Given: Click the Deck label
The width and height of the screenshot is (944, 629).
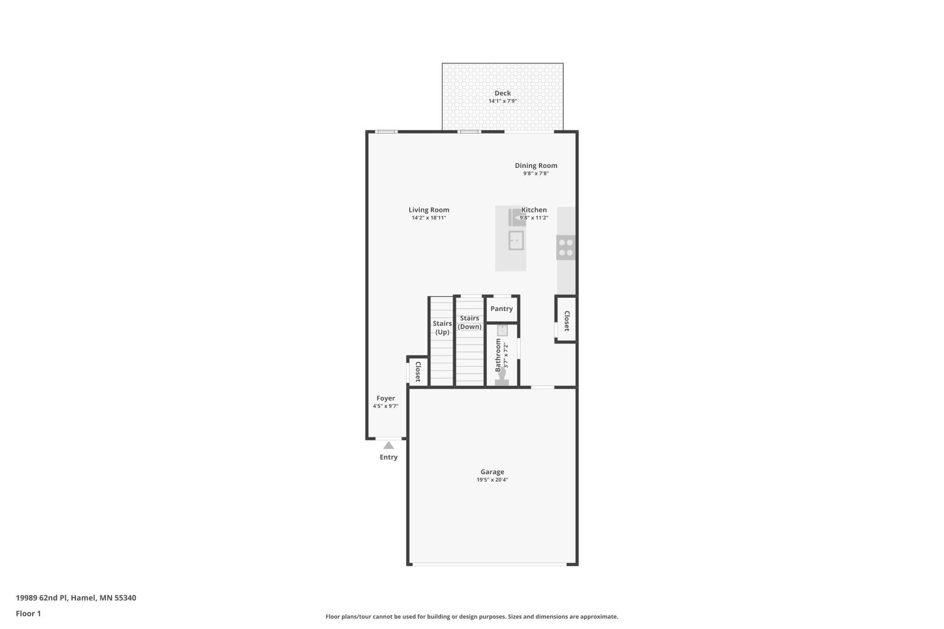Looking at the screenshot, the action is tap(502, 93).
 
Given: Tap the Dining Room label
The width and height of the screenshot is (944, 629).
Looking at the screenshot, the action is tap(536, 166).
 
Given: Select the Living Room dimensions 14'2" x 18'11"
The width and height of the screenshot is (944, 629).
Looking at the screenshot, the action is tap(429, 218).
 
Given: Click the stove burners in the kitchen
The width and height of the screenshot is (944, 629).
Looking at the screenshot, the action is tap(566, 247).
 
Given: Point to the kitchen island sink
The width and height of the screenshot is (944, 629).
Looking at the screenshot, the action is tap(516, 241).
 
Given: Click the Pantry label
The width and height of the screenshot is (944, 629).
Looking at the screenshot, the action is tap(501, 309).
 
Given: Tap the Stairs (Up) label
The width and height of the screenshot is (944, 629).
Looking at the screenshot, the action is tap(442, 328).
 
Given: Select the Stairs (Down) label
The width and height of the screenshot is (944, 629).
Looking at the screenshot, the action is tap(469, 322).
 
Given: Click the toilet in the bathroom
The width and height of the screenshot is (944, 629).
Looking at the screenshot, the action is tap(501, 377).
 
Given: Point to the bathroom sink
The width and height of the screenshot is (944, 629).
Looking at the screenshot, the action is tap(502, 330).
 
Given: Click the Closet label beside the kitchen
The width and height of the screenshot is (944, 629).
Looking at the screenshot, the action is tap(567, 321).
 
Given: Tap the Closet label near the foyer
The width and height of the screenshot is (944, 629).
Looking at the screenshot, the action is tap(418, 372).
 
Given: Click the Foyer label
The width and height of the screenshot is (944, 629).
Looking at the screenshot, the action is tap(385, 398).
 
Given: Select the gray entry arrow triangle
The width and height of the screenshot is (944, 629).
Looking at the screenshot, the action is tap(388, 446).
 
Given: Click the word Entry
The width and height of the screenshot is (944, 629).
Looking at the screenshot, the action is tap(388, 457).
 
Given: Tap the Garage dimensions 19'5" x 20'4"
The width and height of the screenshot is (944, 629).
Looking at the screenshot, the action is tap(492, 480).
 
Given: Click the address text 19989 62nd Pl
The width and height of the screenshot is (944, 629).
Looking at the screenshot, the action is tap(42, 598).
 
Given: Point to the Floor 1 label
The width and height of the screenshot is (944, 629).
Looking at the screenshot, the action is tap(28, 614).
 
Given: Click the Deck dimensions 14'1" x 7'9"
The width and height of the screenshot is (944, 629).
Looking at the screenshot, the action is tap(502, 101).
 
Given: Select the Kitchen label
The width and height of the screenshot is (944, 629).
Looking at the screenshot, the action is tap(534, 210).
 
